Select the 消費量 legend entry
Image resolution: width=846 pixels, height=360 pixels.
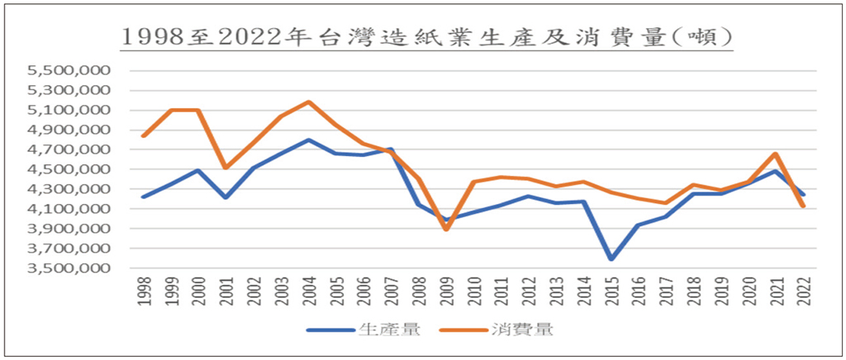tap(499, 330)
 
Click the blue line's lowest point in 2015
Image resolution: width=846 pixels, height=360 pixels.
tap(611, 259)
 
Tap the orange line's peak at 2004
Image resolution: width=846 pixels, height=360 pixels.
tap(308, 102)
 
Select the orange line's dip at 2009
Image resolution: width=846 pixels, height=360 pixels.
tap(446, 230)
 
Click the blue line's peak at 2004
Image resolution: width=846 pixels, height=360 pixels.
tap(308, 140)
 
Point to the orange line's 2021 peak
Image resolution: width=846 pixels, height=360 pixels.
tap(776, 154)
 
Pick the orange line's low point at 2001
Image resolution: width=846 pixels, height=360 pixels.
tap(226, 168)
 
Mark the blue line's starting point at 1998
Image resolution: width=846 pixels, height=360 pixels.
tap(143, 197)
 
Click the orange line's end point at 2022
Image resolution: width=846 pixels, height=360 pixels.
tap(804, 206)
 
